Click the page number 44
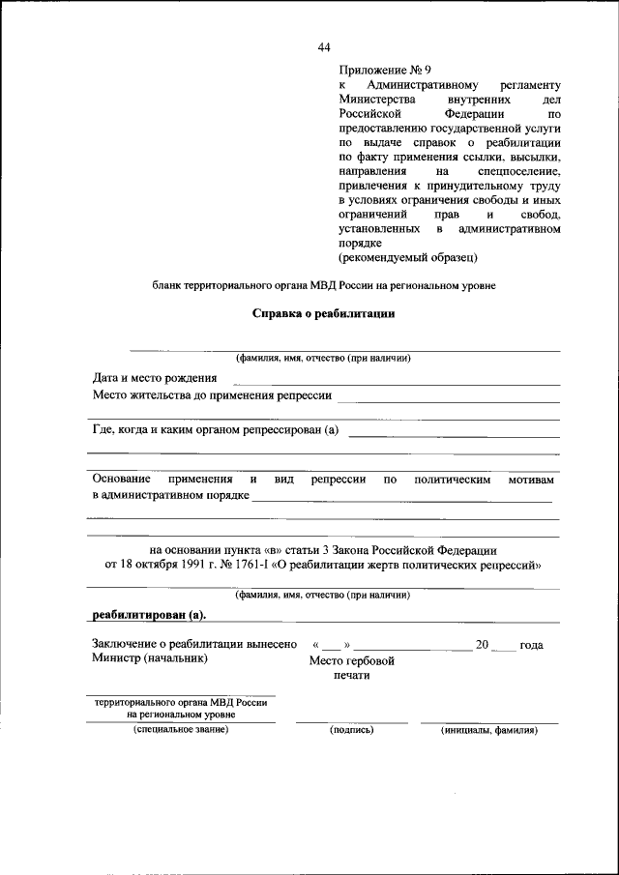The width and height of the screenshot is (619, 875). (x=324, y=48)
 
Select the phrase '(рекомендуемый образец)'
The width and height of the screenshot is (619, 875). (x=408, y=258)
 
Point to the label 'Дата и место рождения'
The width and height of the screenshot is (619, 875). (x=155, y=378)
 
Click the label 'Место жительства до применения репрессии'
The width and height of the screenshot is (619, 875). (x=212, y=395)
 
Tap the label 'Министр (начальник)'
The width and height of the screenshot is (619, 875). (x=150, y=659)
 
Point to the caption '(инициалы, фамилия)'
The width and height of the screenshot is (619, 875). (x=489, y=730)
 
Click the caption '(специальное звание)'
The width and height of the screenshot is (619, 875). (x=181, y=730)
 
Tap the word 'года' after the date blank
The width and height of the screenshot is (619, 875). (x=531, y=645)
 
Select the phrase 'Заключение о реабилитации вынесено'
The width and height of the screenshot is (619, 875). (x=194, y=645)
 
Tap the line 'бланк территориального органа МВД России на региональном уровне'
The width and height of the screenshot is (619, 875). (x=324, y=286)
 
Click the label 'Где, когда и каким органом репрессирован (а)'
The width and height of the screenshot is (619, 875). (x=216, y=430)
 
